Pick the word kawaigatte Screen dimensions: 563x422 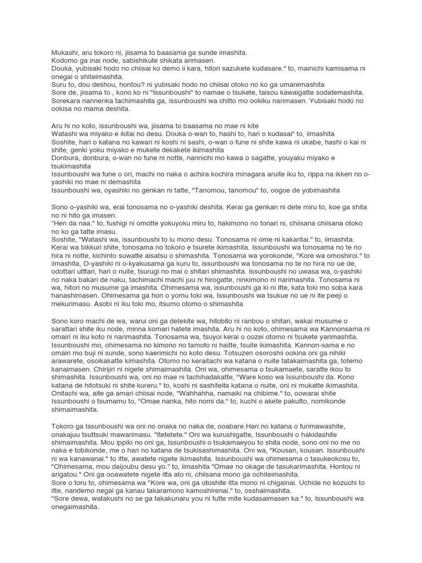(x=292, y=93)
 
